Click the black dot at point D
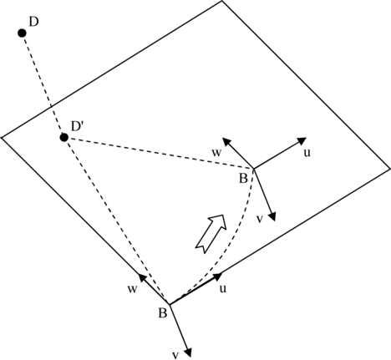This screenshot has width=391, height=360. [x=22, y=33]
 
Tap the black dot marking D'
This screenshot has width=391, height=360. [x=64, y=137]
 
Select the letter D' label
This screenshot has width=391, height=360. [x=78, y=126]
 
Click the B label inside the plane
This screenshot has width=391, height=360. [x=243, y=179]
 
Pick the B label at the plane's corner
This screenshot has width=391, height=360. [x=162, y=313]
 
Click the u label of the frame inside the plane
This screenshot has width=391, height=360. [x=307, y=153]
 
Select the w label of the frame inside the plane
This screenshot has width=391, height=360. [x=216, y=153]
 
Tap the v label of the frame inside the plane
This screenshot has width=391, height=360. [x=260, y=219]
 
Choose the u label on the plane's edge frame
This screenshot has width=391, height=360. [x=223, y=289]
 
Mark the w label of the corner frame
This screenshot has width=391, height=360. [x=133, y=289]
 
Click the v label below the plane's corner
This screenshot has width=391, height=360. [x=175, y=355]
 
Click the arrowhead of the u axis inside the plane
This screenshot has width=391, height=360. [x=302, y=140]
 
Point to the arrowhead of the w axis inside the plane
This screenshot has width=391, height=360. [x=226, y=141]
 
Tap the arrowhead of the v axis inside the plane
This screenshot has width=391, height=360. [x=272, y=216]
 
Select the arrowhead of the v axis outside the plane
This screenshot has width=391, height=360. [x=188, y=352]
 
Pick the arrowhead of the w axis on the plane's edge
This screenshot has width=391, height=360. [x=142, y=278]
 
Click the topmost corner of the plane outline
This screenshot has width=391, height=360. [x=222, y=1]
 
